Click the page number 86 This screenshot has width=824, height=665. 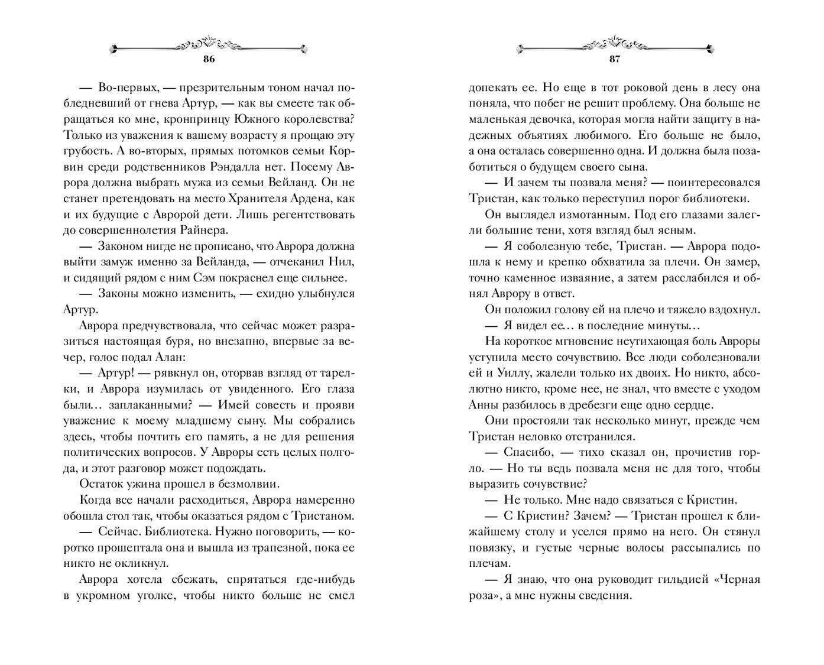[208, 59]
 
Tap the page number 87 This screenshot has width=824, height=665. [614, 59]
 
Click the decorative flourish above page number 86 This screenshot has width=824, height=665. [208, 45]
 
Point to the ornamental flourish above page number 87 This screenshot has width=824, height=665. [614, 44]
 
